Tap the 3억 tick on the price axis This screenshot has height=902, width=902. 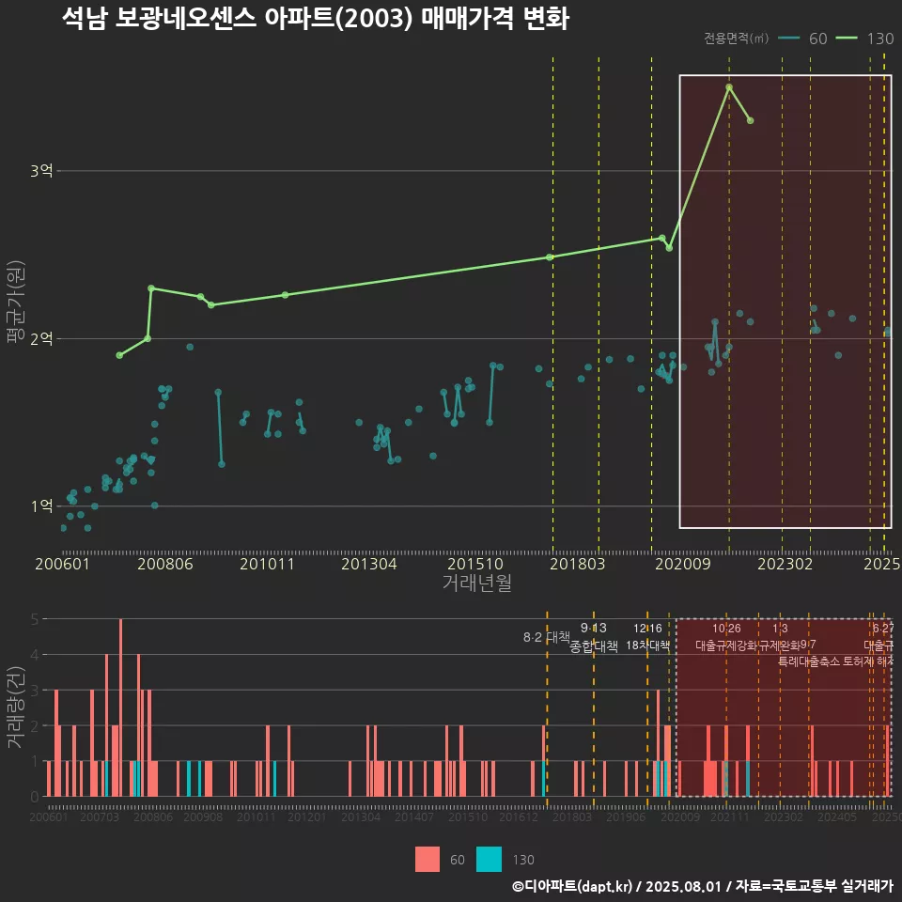42,171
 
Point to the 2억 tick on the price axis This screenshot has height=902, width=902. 42,338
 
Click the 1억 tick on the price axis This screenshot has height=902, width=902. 42,506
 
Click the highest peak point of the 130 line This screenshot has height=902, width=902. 729,87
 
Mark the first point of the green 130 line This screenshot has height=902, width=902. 119,355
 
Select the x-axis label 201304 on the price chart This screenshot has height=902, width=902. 368,565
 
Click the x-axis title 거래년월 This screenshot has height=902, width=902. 476,583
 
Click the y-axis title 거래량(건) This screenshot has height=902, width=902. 15,708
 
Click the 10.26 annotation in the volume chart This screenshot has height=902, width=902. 726,629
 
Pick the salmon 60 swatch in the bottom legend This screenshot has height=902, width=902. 428,859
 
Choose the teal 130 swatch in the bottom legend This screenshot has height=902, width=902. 489,859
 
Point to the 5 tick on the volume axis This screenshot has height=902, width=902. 34,619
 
